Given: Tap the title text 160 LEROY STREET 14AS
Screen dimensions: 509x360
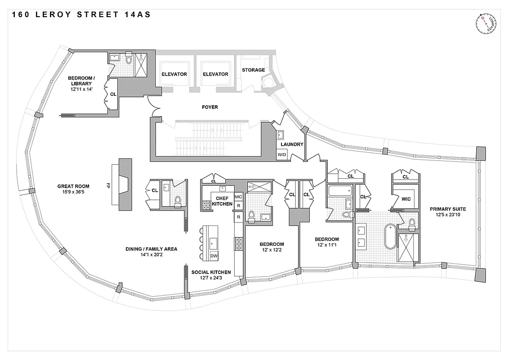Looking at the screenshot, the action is click(81, 15).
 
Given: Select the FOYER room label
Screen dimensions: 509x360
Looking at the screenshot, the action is click(210, 107).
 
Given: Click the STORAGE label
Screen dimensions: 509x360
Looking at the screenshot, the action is click(253, 70).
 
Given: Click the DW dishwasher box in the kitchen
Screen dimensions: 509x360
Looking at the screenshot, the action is click(214, 256).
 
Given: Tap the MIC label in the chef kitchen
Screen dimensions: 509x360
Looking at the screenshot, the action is click(238, 197).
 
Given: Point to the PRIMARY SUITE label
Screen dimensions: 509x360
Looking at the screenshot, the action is click(447, 209).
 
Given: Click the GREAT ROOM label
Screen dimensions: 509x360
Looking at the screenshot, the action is click(73, 186).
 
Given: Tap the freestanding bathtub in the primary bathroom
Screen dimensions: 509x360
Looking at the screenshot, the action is click(390, 237).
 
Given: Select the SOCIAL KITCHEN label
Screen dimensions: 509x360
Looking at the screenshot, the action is click(211, 272).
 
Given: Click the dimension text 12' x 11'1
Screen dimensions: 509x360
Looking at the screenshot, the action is click(326, 246).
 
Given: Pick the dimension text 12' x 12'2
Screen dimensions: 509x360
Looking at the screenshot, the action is click(272, 250).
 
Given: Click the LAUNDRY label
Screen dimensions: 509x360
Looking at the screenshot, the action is click(292, 144).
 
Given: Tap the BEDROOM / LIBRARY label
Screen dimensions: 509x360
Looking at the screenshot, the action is click(80, 81).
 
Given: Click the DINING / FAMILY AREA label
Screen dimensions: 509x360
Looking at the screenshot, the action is click(151, 249).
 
